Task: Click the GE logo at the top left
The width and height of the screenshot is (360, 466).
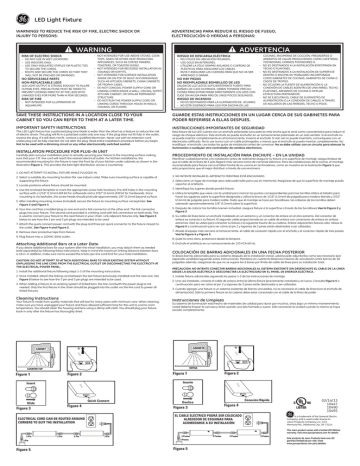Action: [10, 9]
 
